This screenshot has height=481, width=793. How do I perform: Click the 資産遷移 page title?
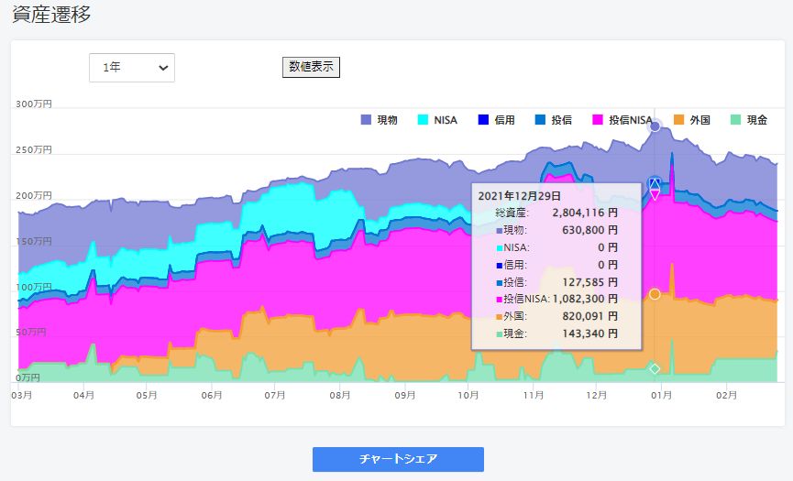click(51, 15)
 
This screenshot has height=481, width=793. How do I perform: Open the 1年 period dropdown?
click(132, 68)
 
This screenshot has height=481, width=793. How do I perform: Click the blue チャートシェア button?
click(398, 459)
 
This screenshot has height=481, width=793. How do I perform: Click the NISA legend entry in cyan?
click(437, 120)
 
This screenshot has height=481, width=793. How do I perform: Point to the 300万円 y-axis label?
click(34, 104)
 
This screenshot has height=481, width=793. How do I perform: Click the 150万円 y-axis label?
click(34, 241)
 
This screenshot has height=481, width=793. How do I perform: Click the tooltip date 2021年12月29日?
click(519, 195)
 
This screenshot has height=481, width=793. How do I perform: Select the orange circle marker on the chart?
click(655, 294)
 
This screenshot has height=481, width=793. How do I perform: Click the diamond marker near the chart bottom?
click(655, 369)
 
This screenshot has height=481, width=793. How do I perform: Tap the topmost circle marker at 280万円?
click(655, 126)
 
